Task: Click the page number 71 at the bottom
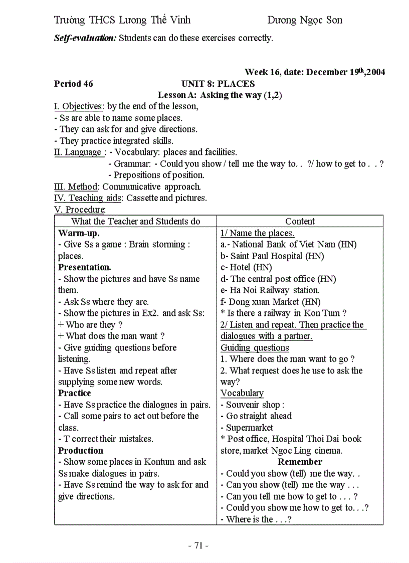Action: [x=198, y=546]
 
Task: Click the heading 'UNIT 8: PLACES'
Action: [x=218, y=84]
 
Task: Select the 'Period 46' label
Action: [x=74, y=84]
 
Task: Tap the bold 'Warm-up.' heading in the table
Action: [x=79, y=233]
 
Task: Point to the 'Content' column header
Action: [x=300, y=221]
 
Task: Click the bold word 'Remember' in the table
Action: [x=300, y=462]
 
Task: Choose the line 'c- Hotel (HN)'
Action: [x=246, y=267]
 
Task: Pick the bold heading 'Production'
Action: [x=81, y=450]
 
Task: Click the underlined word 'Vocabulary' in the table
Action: [x=242, y=393]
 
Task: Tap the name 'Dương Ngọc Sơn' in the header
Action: [x=305, y=20]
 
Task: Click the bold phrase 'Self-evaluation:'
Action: [x=85, y=38]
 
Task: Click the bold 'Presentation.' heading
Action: [x=85, y=267]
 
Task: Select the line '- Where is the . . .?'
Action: [x=256, y=519]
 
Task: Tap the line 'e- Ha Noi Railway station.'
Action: [x=270, y=290]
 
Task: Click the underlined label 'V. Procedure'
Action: [x=79, y=210]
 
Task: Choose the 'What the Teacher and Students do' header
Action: [x=135, y=221]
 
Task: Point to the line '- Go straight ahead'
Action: [x=256, y=416]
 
